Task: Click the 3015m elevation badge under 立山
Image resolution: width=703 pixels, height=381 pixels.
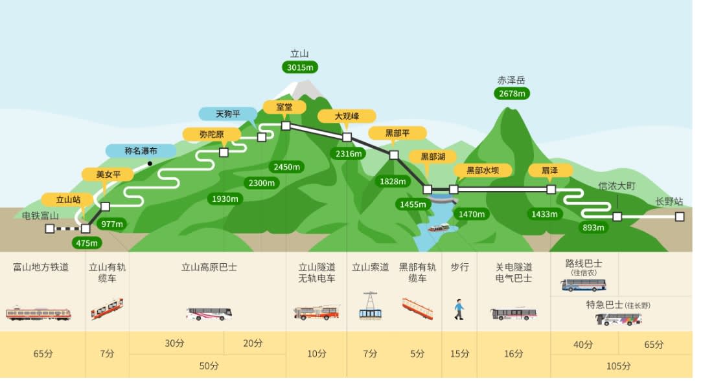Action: coord(300,67)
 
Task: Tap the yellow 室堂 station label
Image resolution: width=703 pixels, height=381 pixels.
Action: coord(284,107)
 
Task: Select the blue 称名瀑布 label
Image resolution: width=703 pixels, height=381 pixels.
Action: coord(141,151)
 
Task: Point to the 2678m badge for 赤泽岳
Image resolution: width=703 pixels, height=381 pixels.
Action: coord(511,93)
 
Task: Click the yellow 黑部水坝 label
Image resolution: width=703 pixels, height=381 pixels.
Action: coord(482,170)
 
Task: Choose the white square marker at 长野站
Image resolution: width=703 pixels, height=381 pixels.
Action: coord(679,217)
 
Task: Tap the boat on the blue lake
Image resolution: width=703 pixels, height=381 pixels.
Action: coord(439,228)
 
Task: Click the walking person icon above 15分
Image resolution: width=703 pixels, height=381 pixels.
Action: coord(459,309)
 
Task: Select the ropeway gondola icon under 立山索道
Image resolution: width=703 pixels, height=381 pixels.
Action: coord(370,307)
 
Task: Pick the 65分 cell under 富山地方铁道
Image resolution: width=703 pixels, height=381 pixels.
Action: coord(43,354)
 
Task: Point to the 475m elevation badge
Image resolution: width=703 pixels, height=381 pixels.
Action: coord(86,243)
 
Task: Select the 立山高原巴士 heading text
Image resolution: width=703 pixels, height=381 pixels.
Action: coord(209,267)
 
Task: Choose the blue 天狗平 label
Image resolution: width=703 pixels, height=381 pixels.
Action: coord(227,114)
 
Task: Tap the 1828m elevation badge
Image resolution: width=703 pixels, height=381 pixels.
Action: coord(393,182)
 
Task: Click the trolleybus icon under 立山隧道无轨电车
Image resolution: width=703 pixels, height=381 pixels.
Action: coord(317,312)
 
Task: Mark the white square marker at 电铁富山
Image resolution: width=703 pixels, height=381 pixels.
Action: coord(50,228)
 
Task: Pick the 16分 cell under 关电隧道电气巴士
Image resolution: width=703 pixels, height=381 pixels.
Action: coord(513,354)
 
